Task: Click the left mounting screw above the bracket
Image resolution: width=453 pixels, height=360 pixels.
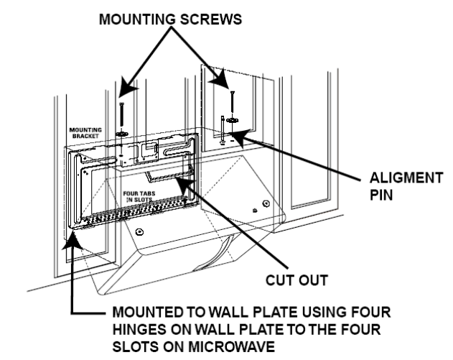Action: [x=123, y=115]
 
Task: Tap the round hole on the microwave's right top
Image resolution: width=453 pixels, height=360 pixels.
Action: [x=256, y=208]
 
